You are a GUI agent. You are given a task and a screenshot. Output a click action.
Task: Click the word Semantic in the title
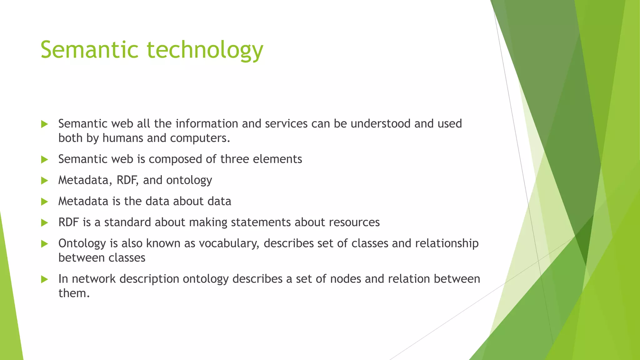(x=89, y=50)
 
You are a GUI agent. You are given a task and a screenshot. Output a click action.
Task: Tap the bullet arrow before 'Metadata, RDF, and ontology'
(x=44, y=181)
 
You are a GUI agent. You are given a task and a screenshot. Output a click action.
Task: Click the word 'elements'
(x=277, y=159)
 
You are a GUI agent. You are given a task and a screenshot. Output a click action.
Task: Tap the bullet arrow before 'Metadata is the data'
(x=44, y=202)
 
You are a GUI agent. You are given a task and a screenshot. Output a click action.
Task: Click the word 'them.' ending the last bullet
(x=74, y=293)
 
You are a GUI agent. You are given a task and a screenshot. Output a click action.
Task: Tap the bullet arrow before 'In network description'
(x=44, y=279)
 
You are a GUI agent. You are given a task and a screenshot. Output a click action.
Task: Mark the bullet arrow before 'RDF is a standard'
(x=44, y=222)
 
